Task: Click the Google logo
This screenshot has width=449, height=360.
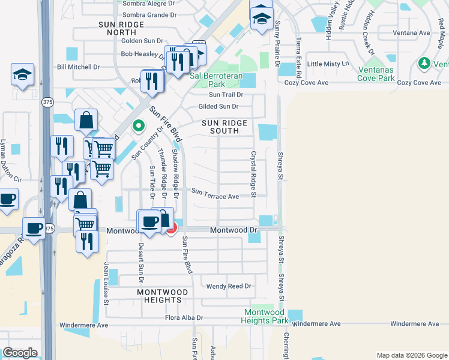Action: click(20, 353)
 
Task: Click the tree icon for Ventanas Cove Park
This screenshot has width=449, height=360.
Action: click(424, 63)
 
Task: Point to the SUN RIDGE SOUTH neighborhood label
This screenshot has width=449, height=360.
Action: click(224, 127)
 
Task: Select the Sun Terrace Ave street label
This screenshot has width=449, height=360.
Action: click(215, 196)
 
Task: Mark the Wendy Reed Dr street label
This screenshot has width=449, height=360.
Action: click(228, 286)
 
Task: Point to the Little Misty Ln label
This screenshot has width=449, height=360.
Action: click(328, 64)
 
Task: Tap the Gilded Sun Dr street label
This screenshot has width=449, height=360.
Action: click(218, 107)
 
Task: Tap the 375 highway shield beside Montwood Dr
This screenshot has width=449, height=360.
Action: click(49, 229)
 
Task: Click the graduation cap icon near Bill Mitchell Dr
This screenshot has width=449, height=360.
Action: click(22, 75)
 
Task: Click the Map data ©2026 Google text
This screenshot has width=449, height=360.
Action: click(411, 355)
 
